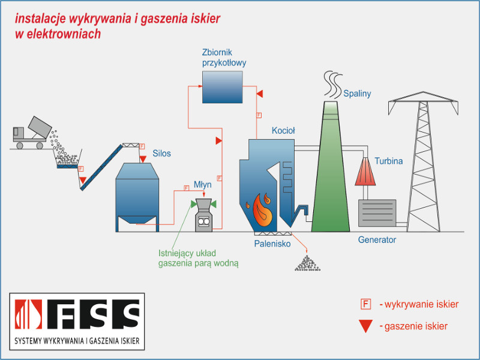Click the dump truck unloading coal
point(30,135)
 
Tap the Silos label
point(161,154)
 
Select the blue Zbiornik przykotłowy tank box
point(221,87)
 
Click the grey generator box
point(377,212)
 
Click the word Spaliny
point(357,94)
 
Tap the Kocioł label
point(283,130)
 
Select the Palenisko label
point(271,244)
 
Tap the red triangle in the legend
point(365,326)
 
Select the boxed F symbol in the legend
point(365,304)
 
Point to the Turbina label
point(388,161)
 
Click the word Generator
point(377,240)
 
